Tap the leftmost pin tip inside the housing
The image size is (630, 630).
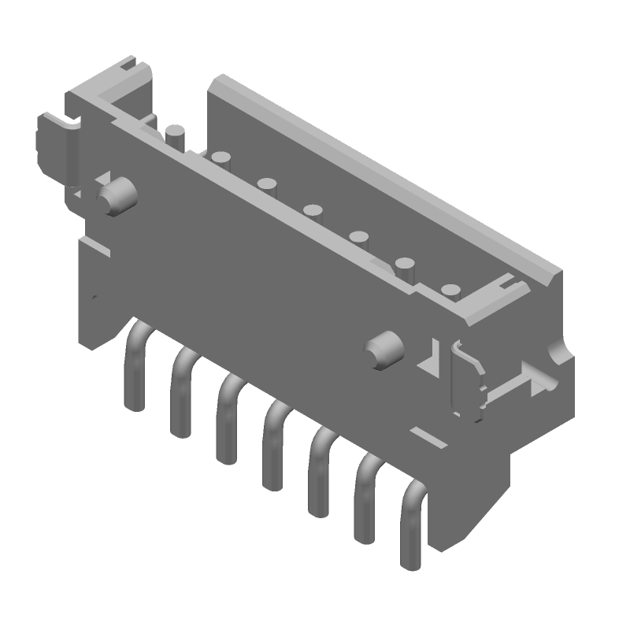(175, 134)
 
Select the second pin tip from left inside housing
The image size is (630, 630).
(220, 160)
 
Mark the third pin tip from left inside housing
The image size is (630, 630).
(267, 187)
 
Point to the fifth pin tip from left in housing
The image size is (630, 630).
(360, 239)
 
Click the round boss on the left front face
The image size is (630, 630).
(115, 197)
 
